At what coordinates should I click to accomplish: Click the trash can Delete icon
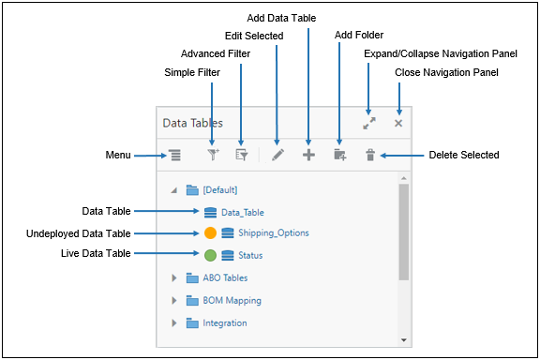(369, 156)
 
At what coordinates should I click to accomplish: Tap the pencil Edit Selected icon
(277, 156)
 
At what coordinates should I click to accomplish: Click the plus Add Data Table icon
(308, 156)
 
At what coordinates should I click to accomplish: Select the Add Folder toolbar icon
(339, 156)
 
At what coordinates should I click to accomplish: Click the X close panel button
(398, 123)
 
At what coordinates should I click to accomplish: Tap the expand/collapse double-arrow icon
(369, 123)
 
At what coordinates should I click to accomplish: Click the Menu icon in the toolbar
(175, 156)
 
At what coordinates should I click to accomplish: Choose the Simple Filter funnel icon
(213, 156)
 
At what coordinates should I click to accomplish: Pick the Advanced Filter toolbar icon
(241, 156)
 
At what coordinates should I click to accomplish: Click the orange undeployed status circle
(210, 232)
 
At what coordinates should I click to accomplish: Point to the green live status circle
(210, 255)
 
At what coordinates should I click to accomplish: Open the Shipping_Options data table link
(273, 232)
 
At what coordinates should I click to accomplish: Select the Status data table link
(250, 255)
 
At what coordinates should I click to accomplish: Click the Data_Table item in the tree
(242, 212)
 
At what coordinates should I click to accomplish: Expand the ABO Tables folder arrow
(173, 278)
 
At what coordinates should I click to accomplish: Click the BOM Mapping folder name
(232, 301)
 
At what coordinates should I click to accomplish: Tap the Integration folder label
(225, 323)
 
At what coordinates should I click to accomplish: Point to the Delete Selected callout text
(463, 155)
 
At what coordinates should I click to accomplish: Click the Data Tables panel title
(192, 123)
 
